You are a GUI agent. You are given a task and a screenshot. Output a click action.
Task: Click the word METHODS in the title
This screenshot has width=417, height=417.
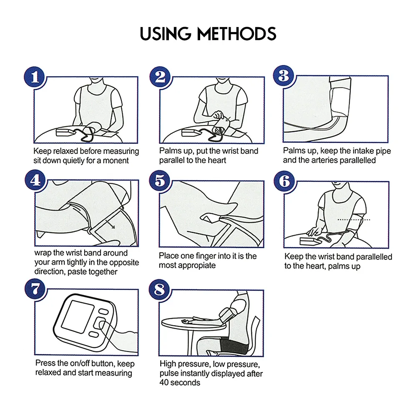coord(236,34)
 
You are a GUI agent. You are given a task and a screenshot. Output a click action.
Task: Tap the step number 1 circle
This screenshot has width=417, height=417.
coord(35,77)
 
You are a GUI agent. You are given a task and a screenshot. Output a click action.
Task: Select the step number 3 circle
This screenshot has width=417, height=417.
coord(284,76)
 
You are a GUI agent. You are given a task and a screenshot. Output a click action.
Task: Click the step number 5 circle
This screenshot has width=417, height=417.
coord(160,181)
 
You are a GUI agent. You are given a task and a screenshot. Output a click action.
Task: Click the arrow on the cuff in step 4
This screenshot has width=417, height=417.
coord(110,224)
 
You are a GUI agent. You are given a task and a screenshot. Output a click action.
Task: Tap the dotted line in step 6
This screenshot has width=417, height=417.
coord(354,220)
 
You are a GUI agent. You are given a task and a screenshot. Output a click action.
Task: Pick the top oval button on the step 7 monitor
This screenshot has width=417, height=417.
coord(103,311)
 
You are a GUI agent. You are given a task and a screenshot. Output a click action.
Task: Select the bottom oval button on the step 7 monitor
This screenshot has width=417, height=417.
coord(93,334)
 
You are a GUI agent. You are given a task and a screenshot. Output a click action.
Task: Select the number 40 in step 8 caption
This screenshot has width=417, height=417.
coord(164,383)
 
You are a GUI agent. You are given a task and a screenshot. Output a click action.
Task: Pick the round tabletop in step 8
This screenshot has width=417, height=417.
coord(193,324)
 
